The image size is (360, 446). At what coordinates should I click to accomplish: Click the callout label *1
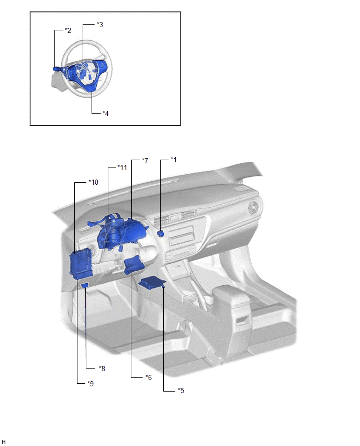[174, 160]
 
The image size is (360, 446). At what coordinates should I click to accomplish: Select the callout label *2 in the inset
[68, 30]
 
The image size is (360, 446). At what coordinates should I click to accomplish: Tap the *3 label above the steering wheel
[100, 25]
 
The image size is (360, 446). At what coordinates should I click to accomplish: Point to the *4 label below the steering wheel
[106, 114]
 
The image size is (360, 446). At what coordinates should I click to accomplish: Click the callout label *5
[181, 391]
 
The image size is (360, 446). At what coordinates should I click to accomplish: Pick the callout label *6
[149, 377]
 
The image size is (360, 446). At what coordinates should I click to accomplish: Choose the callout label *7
[145, 161]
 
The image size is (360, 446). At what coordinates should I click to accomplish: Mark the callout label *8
[102, 369]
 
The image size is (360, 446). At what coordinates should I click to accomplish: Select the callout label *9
[91, 383]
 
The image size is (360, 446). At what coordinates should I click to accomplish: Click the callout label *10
[93, 182]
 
